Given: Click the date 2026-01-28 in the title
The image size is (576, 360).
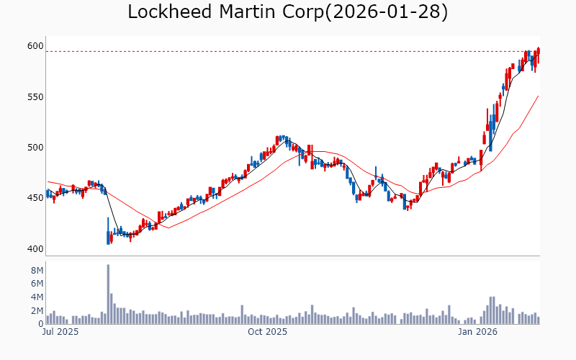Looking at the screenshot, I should [385, 12].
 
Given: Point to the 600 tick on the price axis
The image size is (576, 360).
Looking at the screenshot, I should [35, 46].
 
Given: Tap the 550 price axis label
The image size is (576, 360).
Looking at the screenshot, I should [35, 97].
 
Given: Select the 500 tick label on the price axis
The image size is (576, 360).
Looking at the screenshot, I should [35, 148].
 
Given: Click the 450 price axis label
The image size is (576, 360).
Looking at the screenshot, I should [35, 199].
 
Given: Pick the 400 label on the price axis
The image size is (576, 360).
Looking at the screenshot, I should [35, 249].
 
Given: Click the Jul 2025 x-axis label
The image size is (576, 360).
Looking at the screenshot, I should [60, 333].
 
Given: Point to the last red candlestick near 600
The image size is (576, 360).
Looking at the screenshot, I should [539, 55].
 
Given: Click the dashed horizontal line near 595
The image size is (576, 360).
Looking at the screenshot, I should [288, 51].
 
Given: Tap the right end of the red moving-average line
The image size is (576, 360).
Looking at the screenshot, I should [539, 96].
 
